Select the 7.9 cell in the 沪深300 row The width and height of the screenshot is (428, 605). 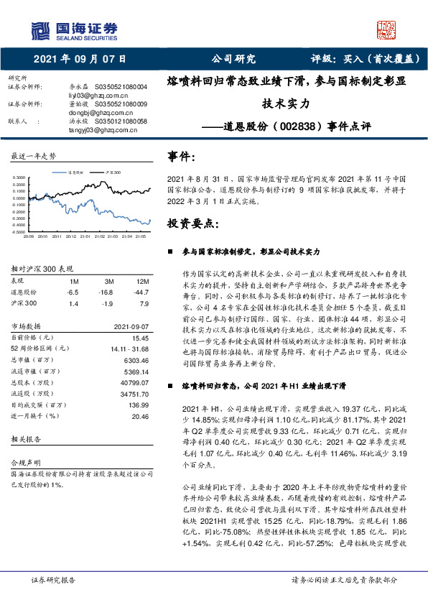144,304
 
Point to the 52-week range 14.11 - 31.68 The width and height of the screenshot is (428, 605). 127,348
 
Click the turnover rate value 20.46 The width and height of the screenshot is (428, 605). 140,417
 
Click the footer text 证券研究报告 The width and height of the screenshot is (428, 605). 54,578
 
